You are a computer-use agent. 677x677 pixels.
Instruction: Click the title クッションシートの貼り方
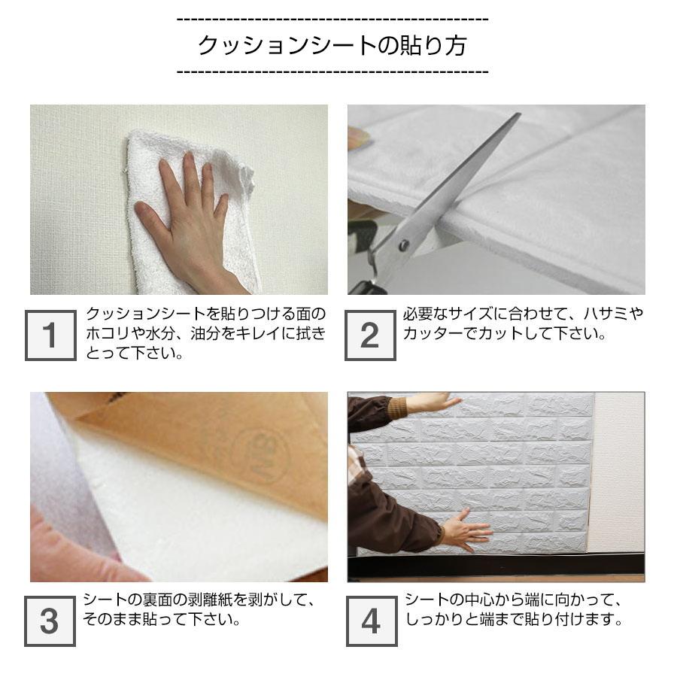pyautogui.click(x=332, y=45)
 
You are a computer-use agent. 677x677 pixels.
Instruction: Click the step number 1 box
pyautogui.click(x=50, y=335)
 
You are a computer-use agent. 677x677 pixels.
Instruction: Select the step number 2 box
pyautogui.click(x=370, y=335)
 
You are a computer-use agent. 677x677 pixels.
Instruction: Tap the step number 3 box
pyautogui.click(x=50, y=621)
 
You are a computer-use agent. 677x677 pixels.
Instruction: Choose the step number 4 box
pyautogui.click(x=372, y=621)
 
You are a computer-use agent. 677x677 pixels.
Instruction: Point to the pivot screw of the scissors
pyautogui.click(x=404, y=245)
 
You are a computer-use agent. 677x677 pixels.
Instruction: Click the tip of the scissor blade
pyautogui.click(x=518, y=114)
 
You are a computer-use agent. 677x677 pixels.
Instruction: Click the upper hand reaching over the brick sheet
pyautogui.click(x=432, y=402)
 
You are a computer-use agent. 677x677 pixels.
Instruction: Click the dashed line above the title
pyautogui.click(x=332, y=20)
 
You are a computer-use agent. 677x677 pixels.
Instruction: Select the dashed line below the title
pyautogui.click(x=332, y=71)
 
